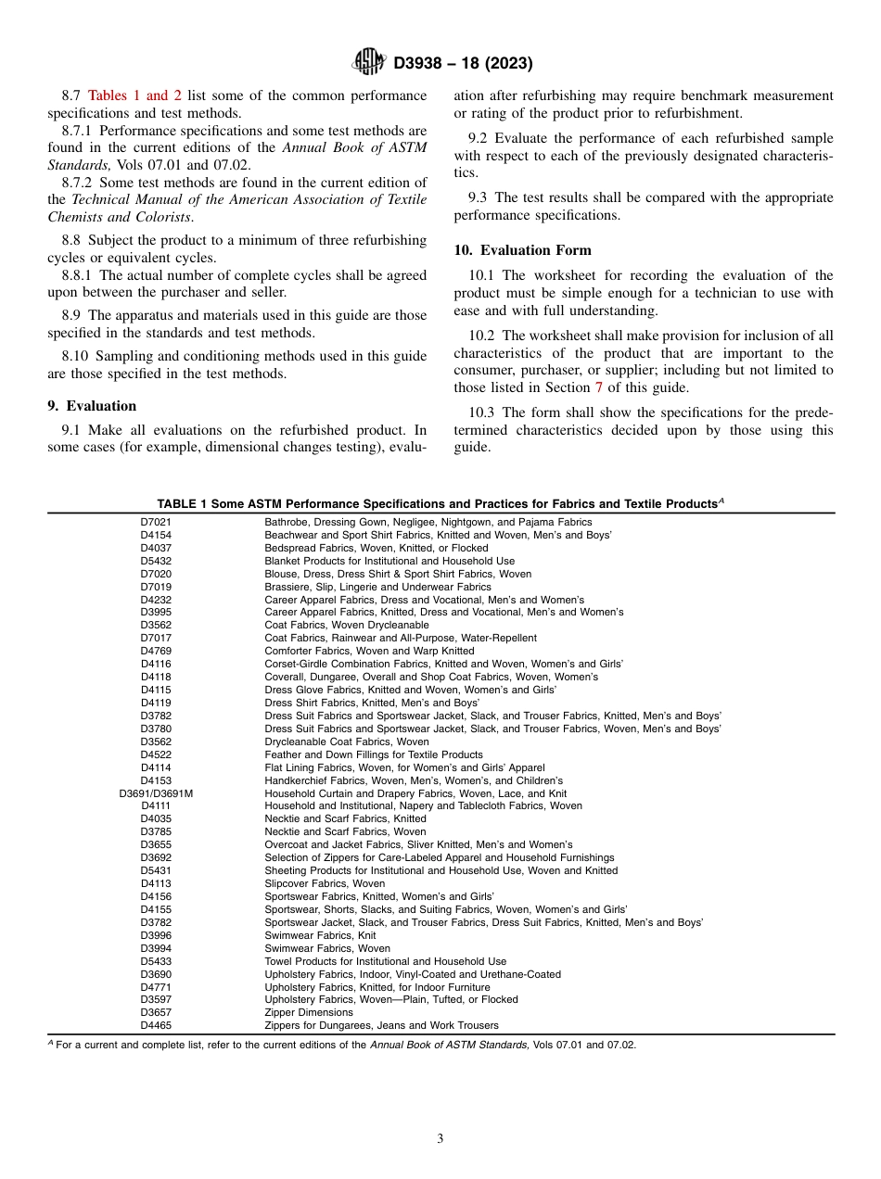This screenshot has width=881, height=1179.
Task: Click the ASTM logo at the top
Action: [x=370, y=63]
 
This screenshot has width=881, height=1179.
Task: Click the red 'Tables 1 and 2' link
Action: [x=134, y=95]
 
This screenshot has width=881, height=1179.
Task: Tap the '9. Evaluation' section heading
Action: [x=92, y=406]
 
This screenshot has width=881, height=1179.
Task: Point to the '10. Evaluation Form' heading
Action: [x=522, y=250]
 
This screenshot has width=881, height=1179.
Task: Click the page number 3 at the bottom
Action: [x=440, y=1138]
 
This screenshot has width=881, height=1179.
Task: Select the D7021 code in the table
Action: [x=156, y=522]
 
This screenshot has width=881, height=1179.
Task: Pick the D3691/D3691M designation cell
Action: [x=156, y=793]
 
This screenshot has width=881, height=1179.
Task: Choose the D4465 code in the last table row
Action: [x=156, y=1025]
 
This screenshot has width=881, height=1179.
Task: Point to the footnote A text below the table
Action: [x=342, y=1045]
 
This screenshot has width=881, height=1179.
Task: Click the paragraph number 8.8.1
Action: [x=79, y=275]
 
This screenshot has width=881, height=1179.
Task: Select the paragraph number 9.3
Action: [x=479, y=197]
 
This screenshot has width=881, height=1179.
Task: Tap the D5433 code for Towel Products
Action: [x=156, y=961]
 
